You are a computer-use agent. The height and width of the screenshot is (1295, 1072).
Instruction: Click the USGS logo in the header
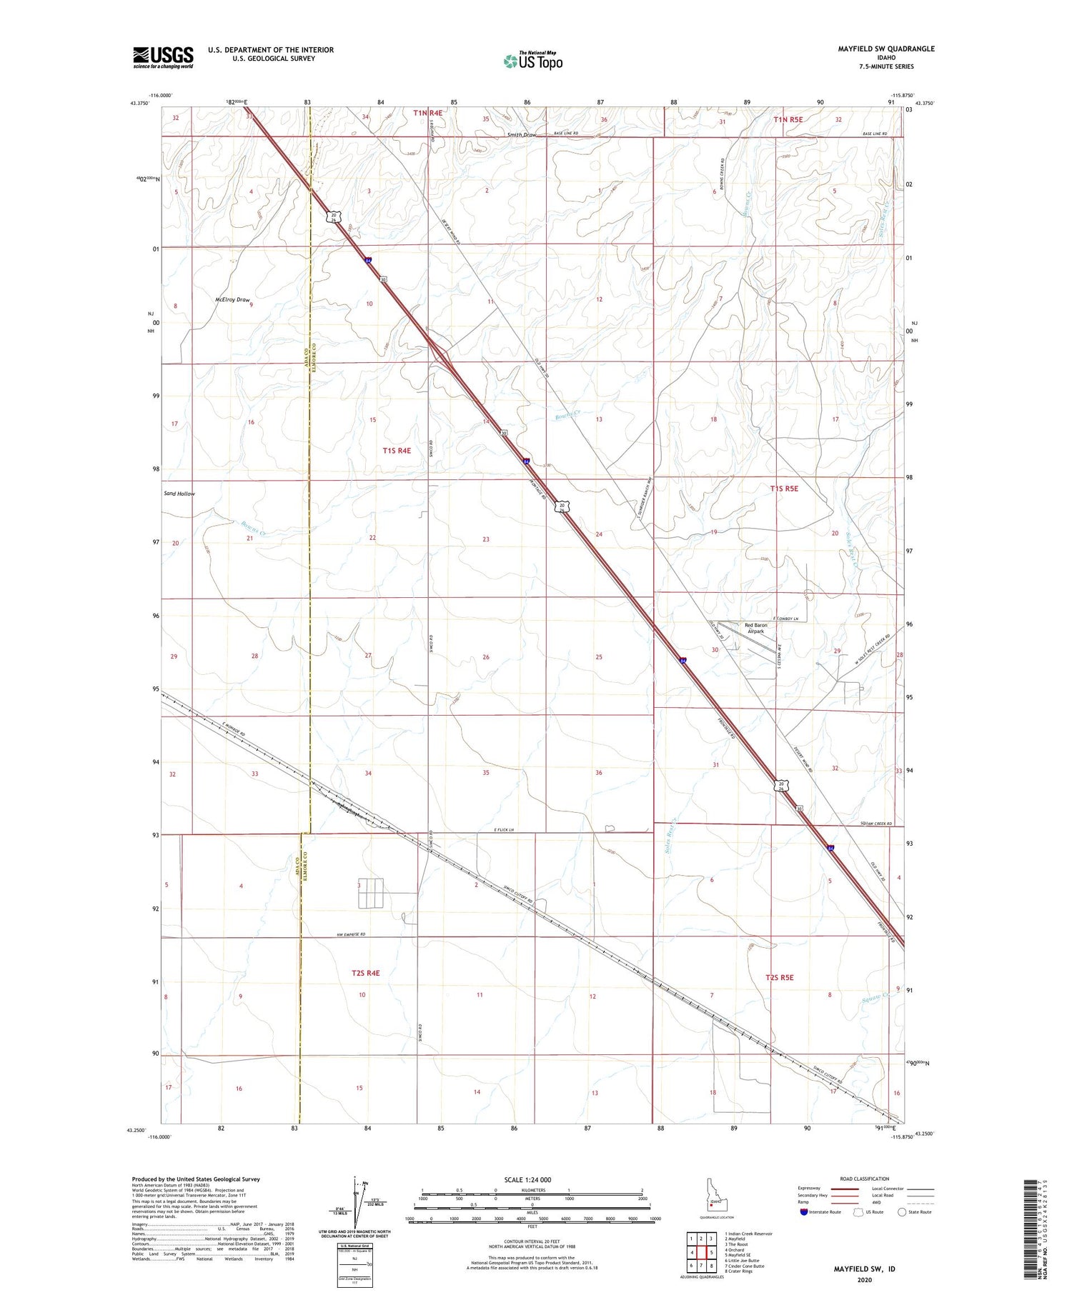(x=163, y=57)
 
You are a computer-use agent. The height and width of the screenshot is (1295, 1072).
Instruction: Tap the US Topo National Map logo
(x=532, y=61)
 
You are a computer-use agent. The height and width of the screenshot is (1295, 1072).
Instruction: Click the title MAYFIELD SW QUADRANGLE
(x=875, y=49)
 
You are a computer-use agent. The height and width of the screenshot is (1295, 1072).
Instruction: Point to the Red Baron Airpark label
(x=755, y=629)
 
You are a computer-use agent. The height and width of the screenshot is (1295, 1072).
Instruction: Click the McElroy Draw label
(x=232, y=300)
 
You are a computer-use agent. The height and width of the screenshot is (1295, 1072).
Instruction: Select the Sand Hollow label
(x=179, y=494)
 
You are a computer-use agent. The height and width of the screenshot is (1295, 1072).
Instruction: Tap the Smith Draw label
(x=522, y=135)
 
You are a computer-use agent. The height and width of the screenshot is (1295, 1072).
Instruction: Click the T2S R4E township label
(x=365, y=973)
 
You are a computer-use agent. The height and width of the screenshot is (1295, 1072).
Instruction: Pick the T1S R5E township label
(x=784, y=489)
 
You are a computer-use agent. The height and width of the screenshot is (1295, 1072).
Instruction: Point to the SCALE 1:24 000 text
(x=527, y=1179)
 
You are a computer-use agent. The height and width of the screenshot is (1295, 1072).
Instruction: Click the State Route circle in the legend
(x=902, y=1212)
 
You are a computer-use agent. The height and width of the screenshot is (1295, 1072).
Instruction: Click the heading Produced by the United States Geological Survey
(x=196, y=1179)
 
